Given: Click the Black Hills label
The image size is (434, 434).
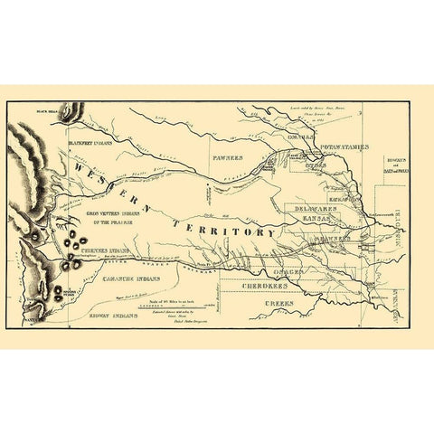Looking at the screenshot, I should [x=47, y=111].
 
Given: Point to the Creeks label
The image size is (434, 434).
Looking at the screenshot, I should [x=279, y=304].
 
